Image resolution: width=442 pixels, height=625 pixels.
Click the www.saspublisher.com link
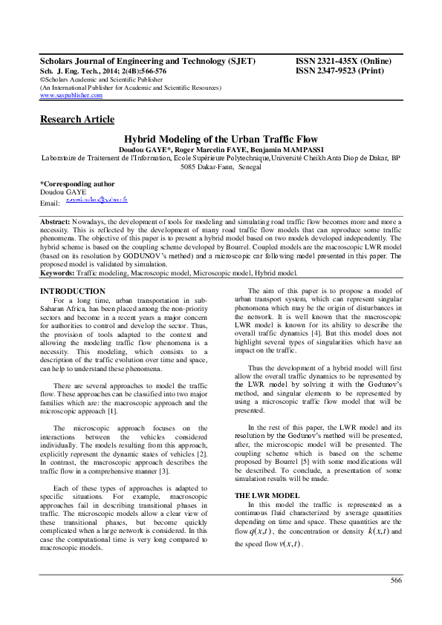(x=71, y=96)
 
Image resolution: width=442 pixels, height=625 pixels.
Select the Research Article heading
(x=77, y=120)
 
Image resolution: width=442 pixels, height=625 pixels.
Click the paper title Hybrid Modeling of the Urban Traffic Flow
(x=220, y=139)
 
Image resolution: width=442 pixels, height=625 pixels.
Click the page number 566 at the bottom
(x=396, y=601)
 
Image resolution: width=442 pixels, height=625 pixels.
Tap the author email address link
(x=97, y=200)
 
